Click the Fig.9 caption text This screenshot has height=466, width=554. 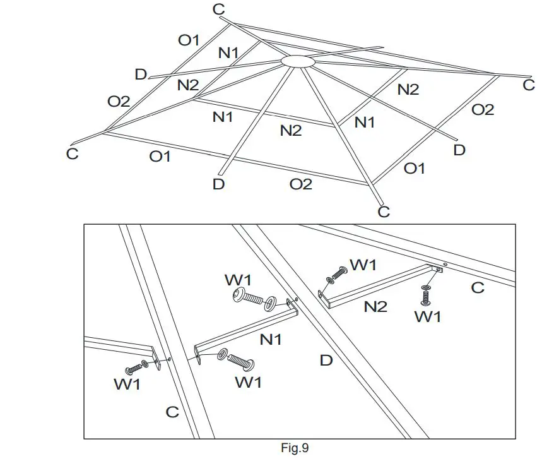click(x=294, y=449)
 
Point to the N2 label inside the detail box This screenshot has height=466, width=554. click(x=375, y=308)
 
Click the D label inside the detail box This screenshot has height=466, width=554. click(x=326, y=361)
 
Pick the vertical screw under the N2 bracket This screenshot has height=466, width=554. click(x=426, y=294)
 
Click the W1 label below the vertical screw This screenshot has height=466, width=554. click(x=427, y=317)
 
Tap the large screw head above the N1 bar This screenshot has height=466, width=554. click(x=240, y=294)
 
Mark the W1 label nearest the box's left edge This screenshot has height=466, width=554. click(x=128, y=384)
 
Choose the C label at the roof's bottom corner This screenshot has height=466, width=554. click(x=384, y=212)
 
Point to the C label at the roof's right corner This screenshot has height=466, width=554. click(x=529, y=85)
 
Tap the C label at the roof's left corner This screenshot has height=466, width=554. click(x=73, y=153)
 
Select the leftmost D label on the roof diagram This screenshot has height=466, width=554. click(x=141, y=75)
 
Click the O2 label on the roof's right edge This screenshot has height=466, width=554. click(x=483, y=110)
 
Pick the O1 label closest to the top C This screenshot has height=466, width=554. click(x=188, y=40)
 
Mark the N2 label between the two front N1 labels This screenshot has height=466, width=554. click(x=291, y=131)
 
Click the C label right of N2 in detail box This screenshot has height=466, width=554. click(x=478, y=287)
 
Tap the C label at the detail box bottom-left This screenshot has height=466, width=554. click(x=172, y=412)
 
